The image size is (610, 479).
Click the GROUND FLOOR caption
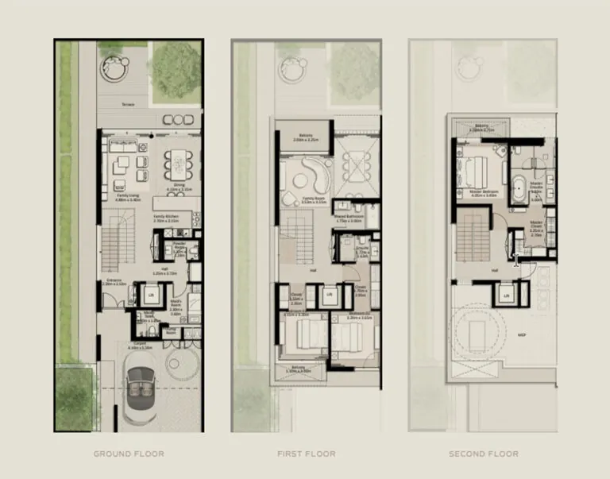[129, 454]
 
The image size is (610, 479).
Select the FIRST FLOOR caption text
[306, 454]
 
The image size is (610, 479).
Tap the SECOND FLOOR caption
[484, 454]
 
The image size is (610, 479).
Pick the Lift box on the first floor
[330, 296]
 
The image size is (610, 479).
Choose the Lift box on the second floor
[507, 296]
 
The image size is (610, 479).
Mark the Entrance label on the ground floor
[114, 280]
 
